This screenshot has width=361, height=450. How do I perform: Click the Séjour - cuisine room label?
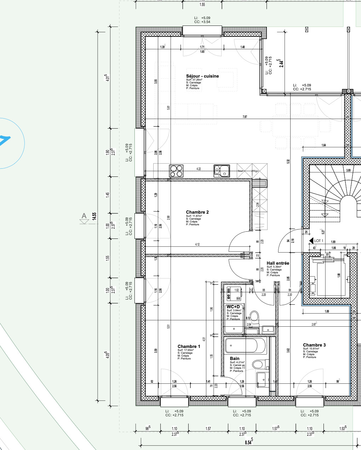click(202, 76)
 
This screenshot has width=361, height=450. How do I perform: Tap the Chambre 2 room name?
click(197, 212)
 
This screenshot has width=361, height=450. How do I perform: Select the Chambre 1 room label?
click(189, 347)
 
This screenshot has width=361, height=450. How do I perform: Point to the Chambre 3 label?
click(314, 345)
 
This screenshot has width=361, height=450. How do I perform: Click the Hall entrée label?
click(278, 263)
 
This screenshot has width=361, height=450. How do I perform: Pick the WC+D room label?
click(233, 306)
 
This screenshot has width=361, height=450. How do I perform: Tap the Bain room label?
click(234, 359)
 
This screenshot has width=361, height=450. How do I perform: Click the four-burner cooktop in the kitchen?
click(176, 171)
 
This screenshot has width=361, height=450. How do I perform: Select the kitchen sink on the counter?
click(222, 171)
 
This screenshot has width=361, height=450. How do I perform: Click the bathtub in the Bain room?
click(246, 346)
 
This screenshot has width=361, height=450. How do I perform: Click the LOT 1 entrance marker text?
click(319, 241)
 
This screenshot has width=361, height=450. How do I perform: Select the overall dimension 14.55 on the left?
click(94, 216)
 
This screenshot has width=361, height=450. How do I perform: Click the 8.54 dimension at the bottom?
click(248, 443)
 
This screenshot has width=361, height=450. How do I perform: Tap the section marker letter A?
click(84, 216)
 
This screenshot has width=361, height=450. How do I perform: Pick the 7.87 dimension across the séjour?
click(245, 117)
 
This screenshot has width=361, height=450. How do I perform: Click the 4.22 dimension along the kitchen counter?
click(199, 169)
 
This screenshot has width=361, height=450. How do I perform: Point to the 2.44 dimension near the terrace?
click(281, 63)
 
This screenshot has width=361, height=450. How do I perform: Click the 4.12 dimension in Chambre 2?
click(197, 244)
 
